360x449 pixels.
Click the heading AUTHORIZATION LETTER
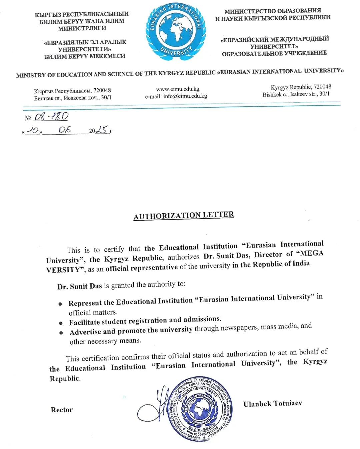(x=184, y=215)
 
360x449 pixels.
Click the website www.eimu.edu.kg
(x=177, y=89)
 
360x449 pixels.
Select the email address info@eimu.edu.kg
(x=185, y=96)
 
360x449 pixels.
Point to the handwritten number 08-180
(x=51, y=116)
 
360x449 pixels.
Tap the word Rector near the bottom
(x=62, y=410)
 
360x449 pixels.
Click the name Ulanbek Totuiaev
(x=273, y=404)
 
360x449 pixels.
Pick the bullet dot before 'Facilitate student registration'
(x=61, y=323)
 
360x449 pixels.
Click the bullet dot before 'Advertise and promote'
(x=61, y=333)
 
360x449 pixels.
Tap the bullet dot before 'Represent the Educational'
(x=60, y=304)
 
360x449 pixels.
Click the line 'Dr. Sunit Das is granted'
(x=121, y=285)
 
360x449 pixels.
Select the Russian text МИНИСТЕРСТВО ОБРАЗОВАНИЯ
(x=273, y=11)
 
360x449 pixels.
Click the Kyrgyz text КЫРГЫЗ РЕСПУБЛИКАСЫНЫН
(x=82, y=14)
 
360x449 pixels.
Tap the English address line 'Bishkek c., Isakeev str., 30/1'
(x=296, y=94)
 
